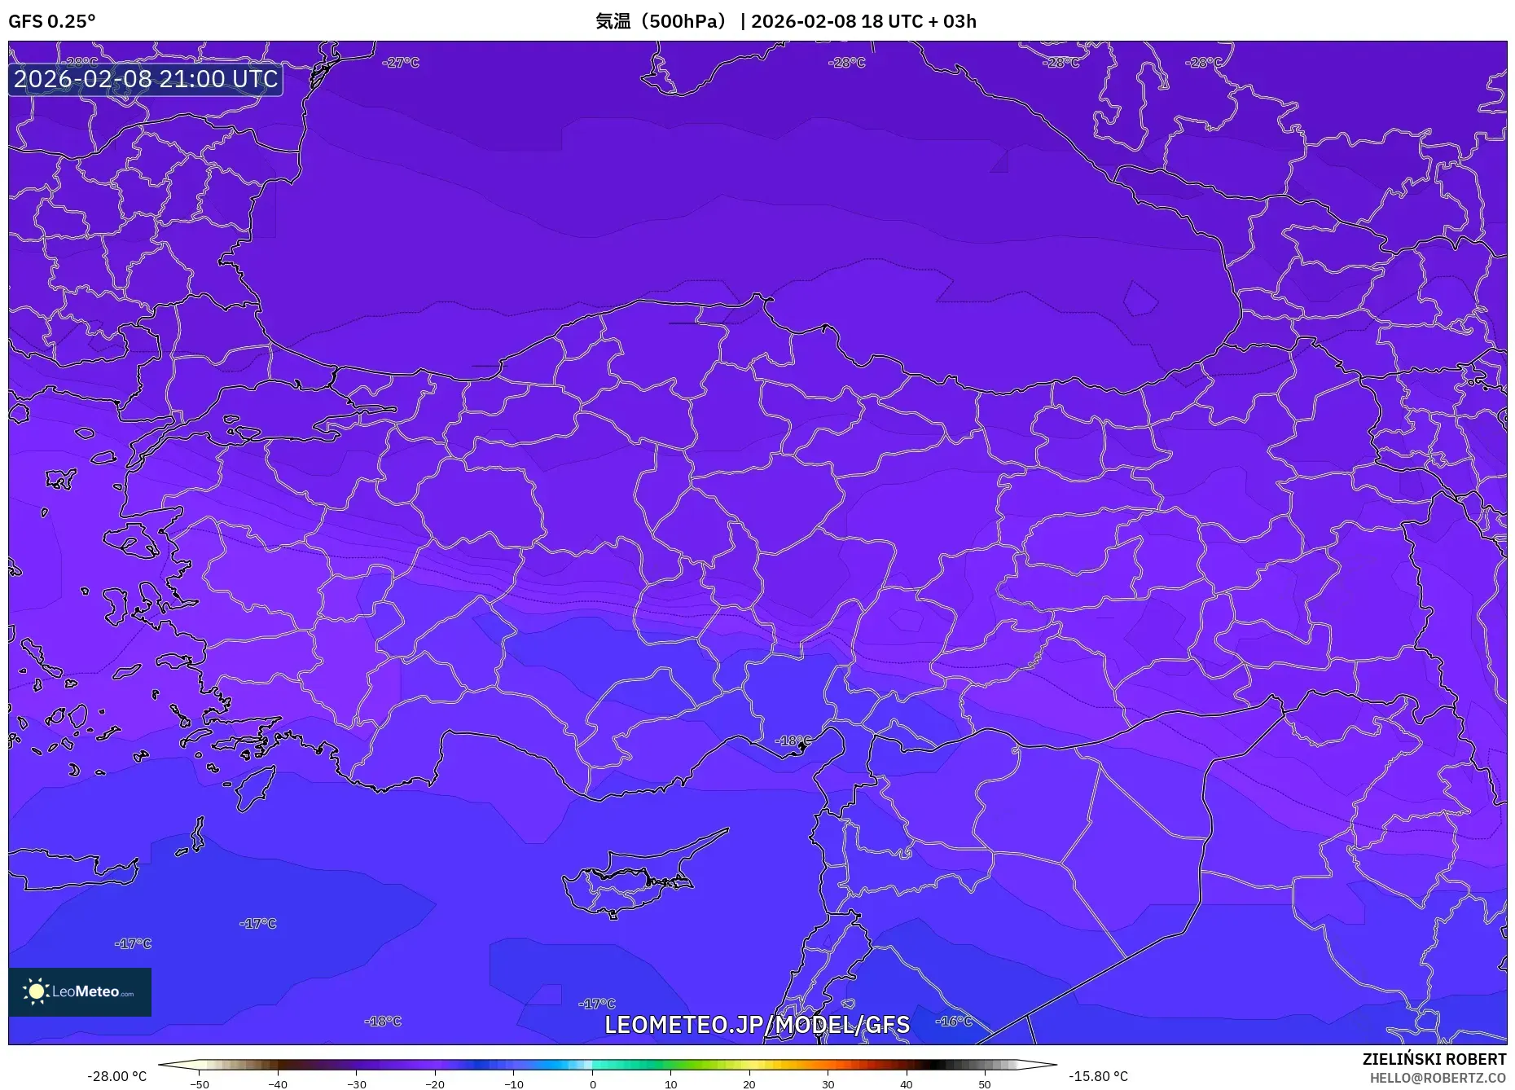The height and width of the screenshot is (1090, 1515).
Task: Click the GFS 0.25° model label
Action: pyautogui.click(x=51, y=21)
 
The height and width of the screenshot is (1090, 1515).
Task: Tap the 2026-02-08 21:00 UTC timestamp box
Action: pyautogui.click(x=146, y=79)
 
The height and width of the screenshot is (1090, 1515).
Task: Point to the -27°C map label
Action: pyautogui.click(x=401, y=63)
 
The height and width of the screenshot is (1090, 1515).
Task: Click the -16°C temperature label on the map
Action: pyautogui.click(x=953, y=1021)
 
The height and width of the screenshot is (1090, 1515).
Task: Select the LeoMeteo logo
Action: pyautogui.click(x=80, y=991)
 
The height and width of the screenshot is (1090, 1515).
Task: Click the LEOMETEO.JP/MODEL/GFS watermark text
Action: pyautogui.click(x=757, y=1024)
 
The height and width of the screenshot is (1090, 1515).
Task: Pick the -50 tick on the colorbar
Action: pyautogui.click(x=200, y=1083)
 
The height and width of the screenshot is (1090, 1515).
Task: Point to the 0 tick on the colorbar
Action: pyautogui.click(x=593, y=1083)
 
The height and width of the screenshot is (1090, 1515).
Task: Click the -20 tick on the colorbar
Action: pyautogui.click(x=435, y=1083)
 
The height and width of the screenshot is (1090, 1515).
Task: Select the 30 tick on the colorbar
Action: pyautogui.click(x=828, y=1083)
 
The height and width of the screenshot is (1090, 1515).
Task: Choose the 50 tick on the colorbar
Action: pyautogui.click(x=985, y=1083)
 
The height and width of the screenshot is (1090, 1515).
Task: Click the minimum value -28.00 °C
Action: pyautogui.click(x=117, y=1076)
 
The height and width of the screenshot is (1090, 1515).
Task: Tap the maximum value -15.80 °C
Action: pyautogui.click(x=1098, y=1076)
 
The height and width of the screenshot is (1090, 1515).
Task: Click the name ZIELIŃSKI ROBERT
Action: pyautogui.click(x=1434, y=1059)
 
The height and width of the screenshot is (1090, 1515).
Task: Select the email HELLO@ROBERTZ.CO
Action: pyautogui.click(x=1437, y=1078)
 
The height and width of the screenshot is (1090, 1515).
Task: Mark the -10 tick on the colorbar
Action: pyautogui.click(x=514, y=1083)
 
